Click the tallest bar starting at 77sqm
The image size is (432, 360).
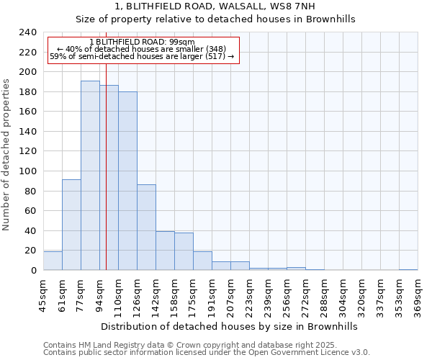click(90, 176)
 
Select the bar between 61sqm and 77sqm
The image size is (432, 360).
click(71, 225)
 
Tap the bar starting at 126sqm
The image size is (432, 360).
click(146, 228)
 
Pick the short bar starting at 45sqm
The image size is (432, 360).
click(53, 261)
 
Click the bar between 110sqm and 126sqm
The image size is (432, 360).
click(127, 181)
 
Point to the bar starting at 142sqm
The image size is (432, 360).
click(165, 251)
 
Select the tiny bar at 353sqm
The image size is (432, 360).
click(408, 269)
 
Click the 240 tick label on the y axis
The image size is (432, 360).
click(28, 32)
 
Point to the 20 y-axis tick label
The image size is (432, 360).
click(31, 251)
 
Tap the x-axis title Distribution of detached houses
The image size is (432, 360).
click(230, 326)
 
